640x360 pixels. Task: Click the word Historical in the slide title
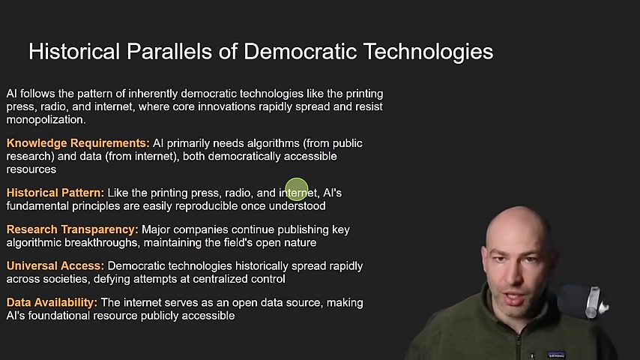[x=74, y=52]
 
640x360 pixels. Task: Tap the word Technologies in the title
[x=428, y=52]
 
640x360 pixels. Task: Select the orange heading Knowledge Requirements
[x=78, y=143]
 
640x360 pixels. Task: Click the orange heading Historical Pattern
[x=55, y=193]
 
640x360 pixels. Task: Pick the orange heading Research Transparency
[x=72, y=229]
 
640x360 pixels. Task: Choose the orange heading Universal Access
[x=55, y=265]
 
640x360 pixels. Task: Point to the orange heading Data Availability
[x=52, y=303]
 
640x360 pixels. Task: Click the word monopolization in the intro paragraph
[x=46, y=120]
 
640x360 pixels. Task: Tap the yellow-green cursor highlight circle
[x=297, y=189]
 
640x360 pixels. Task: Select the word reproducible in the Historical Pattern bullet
[x=206, y=206]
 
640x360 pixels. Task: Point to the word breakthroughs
[x=102, y=243]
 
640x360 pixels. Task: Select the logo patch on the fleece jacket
[x=556, y=354]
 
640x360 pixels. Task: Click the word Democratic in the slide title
[x=300, y=52]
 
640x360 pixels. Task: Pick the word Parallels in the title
[x=169, y=52]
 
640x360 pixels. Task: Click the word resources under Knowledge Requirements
[x=31, y=169]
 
